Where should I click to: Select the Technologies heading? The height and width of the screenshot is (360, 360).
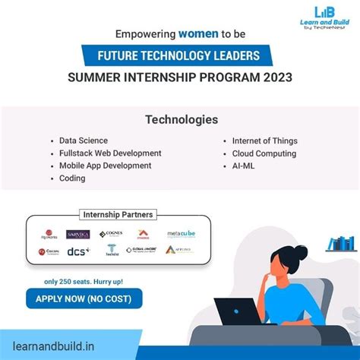(x=180, y=120)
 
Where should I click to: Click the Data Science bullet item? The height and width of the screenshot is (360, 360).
(x=84, y=141)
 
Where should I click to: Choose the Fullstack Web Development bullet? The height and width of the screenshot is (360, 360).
(x=110, y=153)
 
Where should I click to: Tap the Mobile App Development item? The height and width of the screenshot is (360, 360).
(x=105, y=166)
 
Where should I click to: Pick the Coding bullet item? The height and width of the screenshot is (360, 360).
(x=72, y=178)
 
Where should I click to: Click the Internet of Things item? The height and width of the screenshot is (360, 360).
(x=264, y=141)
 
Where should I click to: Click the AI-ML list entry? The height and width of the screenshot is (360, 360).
(x=245, y=166)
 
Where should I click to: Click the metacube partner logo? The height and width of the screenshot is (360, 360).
(x=180, y=234)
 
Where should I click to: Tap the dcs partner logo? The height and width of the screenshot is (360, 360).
(x=77, y=251)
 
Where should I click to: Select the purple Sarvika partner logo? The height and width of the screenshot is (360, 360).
(x=77, y=234)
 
